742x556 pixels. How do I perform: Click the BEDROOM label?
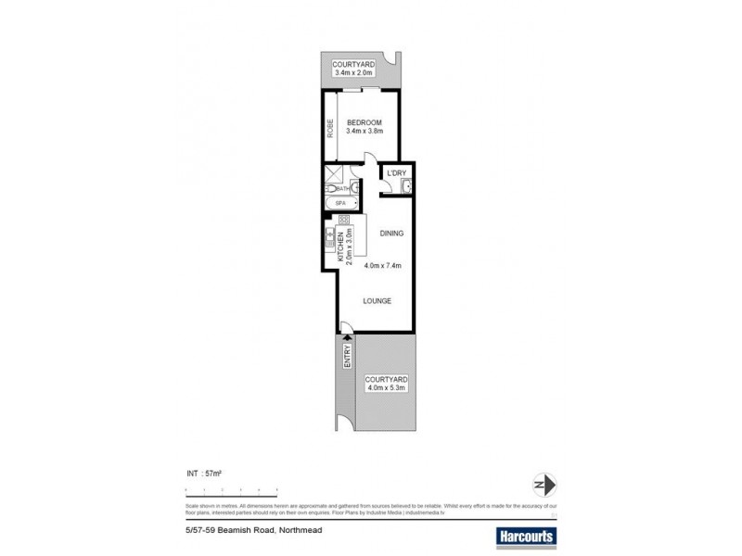[364, 122]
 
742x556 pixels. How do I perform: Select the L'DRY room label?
[397, 173]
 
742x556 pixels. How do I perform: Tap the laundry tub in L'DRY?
[404, 188]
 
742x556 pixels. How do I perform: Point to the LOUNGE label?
[377, 301]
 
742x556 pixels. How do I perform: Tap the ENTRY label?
[348, 357]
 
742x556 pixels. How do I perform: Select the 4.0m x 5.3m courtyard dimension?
[386, 389]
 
